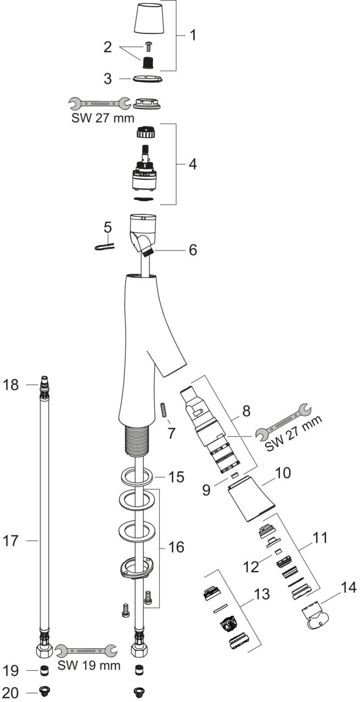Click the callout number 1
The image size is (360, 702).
click(193, 36)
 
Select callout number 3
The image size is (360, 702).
click(108, 78)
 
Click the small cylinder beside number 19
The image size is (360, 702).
click(42, 670)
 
